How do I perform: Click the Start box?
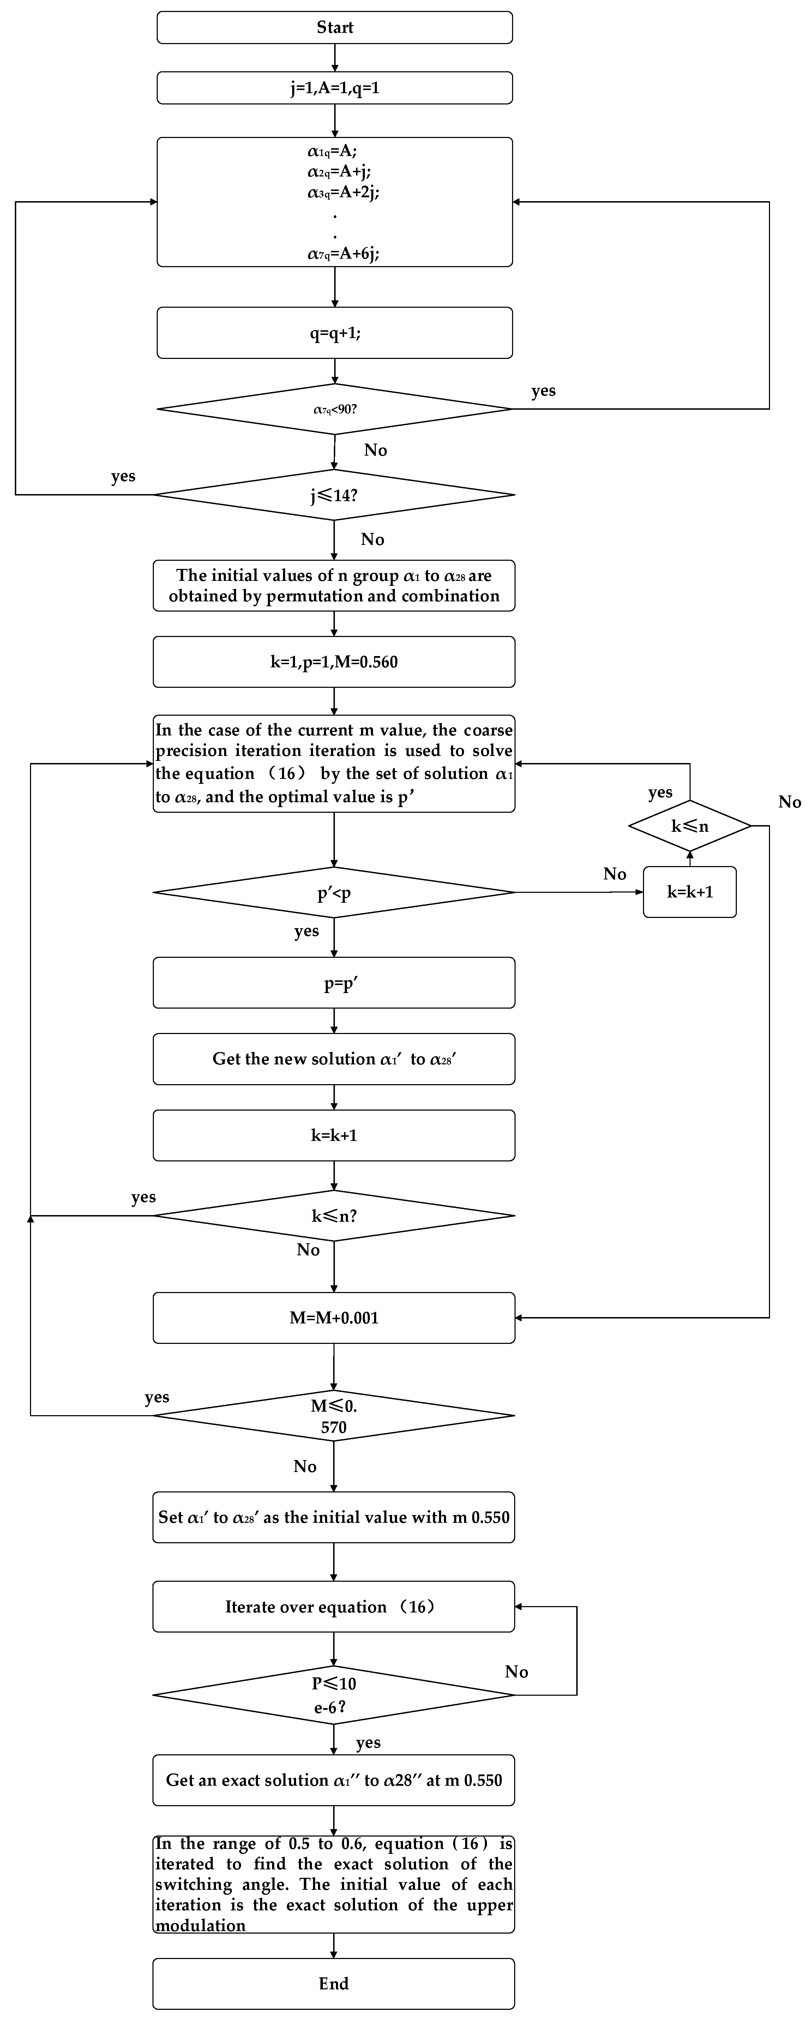pos(335,28)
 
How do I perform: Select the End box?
pos(334,1983)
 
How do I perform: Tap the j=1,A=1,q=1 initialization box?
pos(335,88)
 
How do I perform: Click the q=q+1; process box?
pos(335,333)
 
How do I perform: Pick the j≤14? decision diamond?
pos(335,494)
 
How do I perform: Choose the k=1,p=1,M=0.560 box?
pos(334,662)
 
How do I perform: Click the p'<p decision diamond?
pos(334,893)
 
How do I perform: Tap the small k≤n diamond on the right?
pos(690,826)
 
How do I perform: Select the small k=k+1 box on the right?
pos(690,892)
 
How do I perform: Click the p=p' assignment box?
pos(334,983)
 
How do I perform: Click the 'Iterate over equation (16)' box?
pos(334,1607)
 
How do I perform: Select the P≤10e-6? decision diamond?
pos(334,1695)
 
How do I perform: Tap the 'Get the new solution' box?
pos(334,1059)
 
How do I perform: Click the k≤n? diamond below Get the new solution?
pos(334,1216)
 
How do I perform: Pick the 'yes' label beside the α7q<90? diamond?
pos(543,391)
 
